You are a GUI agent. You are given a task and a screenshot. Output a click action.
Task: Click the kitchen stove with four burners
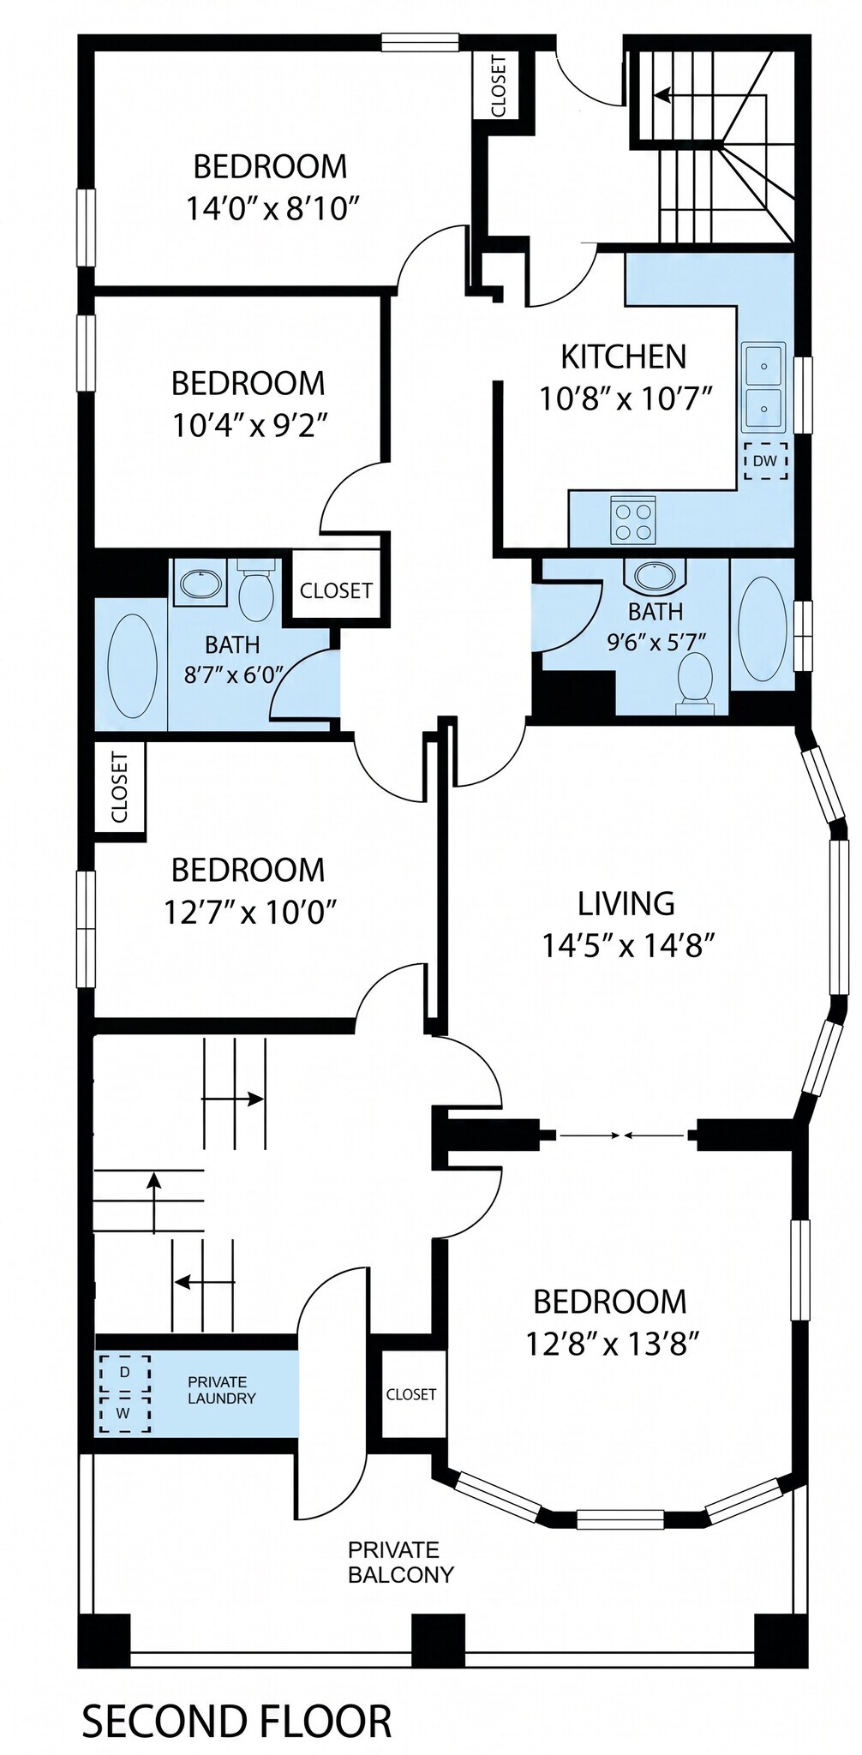(633, 520)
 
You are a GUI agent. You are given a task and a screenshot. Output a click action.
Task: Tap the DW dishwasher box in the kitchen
(765, 461)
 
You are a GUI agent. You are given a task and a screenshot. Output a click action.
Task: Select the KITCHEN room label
(624, 356)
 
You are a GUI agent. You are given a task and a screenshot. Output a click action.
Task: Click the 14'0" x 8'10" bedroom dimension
(272, 208)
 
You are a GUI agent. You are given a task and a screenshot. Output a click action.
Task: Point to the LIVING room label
(626, 903)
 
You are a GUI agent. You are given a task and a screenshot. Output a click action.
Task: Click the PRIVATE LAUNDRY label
(222, 1390)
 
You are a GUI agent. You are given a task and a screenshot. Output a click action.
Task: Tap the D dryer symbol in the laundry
(124, 1373)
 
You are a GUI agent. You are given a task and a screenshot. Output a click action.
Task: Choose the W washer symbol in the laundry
(124, 1413)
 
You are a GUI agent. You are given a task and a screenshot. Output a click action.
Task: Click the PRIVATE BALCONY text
(400, 1561)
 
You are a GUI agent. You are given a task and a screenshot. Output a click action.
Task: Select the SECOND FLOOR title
(236, 1722)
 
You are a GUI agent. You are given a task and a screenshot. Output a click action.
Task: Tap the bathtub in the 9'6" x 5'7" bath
(762, 629)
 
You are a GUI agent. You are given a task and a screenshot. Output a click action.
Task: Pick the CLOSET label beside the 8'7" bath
(336, 590)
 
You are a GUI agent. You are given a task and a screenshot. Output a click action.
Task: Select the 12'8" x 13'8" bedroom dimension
(613, 1344)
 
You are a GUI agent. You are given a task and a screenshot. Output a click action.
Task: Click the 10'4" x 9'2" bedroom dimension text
(250, 424)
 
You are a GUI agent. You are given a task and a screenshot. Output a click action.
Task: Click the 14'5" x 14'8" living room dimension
(628, 945)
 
